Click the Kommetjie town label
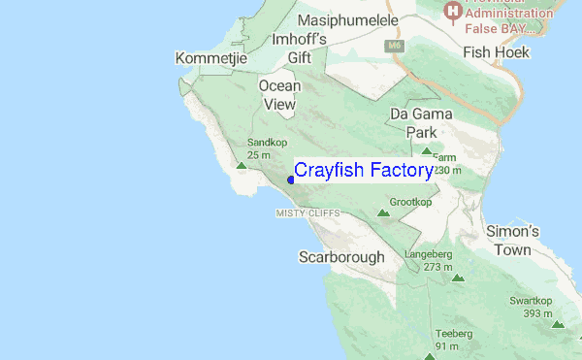pos(211,59)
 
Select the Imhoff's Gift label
pos(299,48)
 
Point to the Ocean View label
pos(279,95)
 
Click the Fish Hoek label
pos(497,53)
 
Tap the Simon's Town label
pos(512,241)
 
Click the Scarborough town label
pos(341,257)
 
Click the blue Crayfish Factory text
pos(364,171)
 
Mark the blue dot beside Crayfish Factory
pos(291,180)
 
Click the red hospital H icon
pos(451,12)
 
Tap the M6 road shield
pos(394,45)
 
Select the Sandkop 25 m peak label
pos(259,148)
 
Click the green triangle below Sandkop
pos(242,166)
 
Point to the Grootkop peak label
pos(410,202)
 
